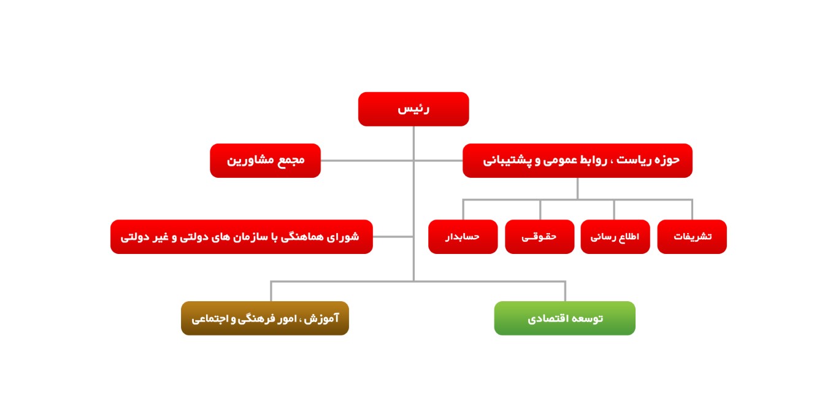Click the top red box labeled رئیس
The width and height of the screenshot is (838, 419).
coord(413,109)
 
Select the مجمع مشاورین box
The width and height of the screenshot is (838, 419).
coord(265,161)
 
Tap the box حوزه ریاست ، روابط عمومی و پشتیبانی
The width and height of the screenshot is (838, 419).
coord(577,161)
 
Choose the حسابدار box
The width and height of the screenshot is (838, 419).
coord(463,237)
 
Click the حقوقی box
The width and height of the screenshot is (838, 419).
coord(539,237)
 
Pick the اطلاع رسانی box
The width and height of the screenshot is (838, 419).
coord(615,237)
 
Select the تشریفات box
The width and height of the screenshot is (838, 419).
coord(692,237)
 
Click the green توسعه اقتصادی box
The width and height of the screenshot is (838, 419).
coord(564,318)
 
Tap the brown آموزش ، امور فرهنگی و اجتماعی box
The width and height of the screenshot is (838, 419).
coord(265,318)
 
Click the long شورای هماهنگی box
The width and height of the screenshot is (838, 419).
coord(241,237)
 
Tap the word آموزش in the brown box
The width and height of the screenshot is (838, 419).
coord(321,318)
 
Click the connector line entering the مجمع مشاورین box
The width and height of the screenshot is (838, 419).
coord(367,161)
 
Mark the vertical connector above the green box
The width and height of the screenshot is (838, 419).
coord(565,291)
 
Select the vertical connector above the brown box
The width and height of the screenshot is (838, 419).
coord(271,291)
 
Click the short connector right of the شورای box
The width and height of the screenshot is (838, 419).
coord(393,237)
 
